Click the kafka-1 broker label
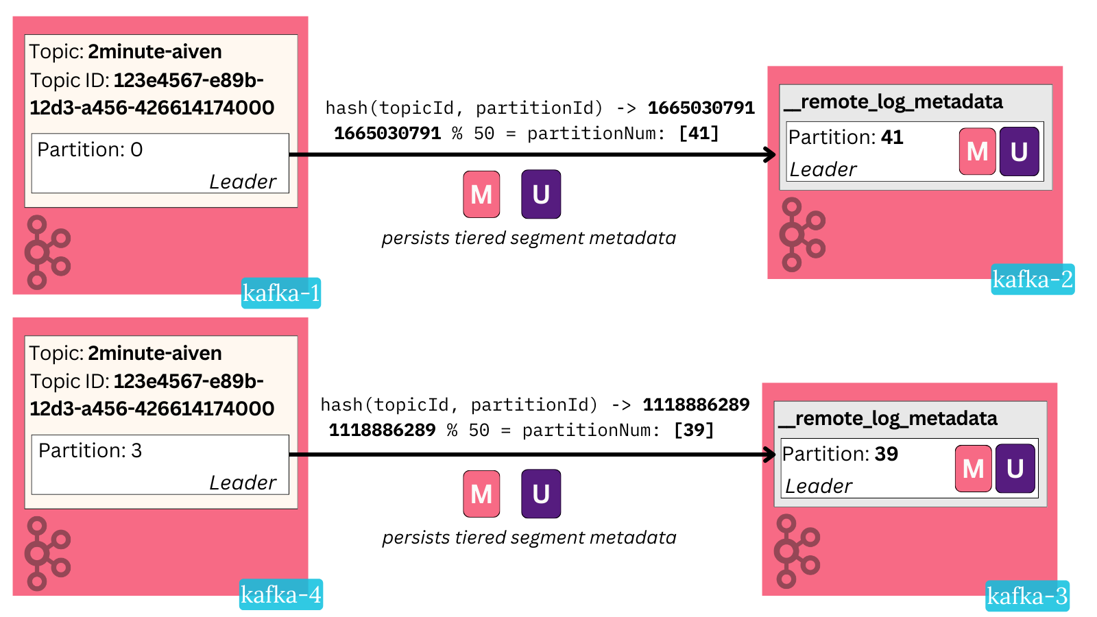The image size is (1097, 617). coord(281,293)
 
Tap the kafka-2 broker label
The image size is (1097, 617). coord(1032,280)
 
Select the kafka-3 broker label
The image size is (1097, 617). coord(1027,596)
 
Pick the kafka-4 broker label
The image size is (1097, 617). coord(281,594)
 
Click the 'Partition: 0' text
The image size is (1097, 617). coord(90,149)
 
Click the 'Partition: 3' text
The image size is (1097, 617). coord(90,450)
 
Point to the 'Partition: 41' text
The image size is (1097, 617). coord(845,137)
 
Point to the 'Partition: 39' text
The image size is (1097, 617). coord(840,454)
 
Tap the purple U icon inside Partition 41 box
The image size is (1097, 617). coord(1019,152)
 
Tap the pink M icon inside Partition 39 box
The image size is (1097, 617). coord(973,469)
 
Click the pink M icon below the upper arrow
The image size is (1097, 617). coord(481,195)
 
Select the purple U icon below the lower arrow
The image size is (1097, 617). coord(541,494)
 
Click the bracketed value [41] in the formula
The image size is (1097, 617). coord(699,133)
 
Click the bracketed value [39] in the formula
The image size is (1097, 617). coord(694,430)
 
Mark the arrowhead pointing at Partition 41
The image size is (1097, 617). coord(771,154)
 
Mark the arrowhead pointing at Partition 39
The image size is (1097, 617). coord(770,455)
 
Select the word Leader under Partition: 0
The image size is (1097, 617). coord(242,182)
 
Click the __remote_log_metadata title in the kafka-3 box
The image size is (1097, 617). coord(889,418)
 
